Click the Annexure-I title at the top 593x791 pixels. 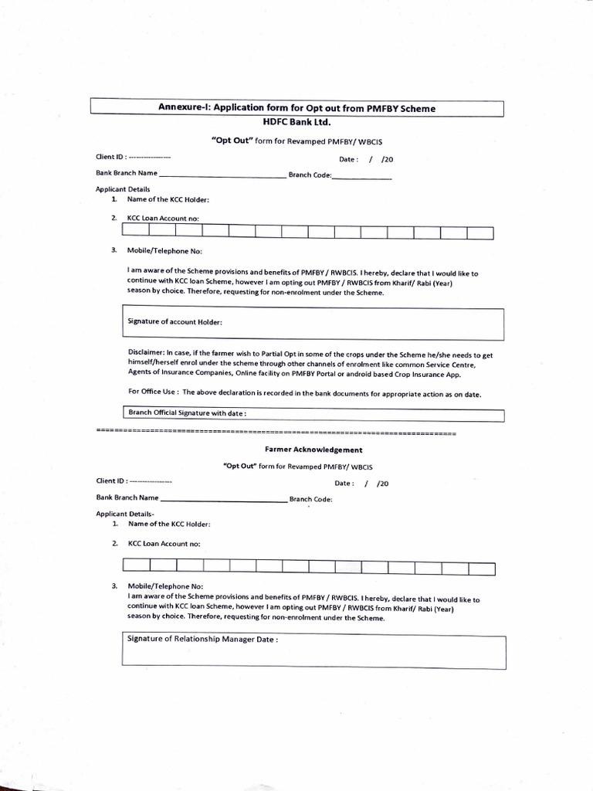click(x=296, y=108)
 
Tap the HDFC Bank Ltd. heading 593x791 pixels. click(x=296, y=122)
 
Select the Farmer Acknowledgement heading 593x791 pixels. click(x=297, y=450)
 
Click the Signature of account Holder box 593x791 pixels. click(x=313, y=322)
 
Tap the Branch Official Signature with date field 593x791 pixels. click(x=313, y=415)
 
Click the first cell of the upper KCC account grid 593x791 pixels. click(x=136, y=231)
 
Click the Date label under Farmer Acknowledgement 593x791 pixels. click(x=344, y=484)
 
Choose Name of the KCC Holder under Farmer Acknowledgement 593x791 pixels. click(x=168, y=524)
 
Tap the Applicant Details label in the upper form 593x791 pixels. click(x=122, y=189)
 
